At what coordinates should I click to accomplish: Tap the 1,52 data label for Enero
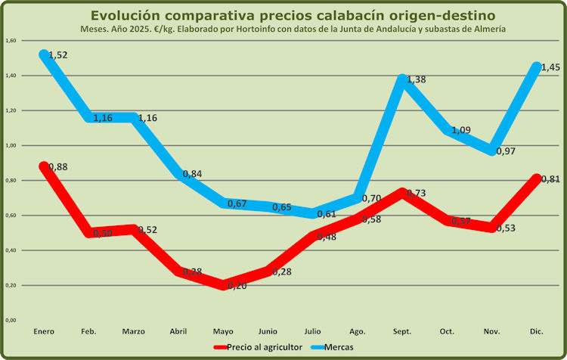(x=58, y=55)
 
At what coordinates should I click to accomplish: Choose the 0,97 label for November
(x=505, y=151)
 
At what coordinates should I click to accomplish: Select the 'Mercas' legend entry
(x=342, y=346)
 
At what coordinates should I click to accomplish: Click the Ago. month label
(x=359, y=331)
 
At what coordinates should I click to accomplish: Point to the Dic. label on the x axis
(x=538, y=331)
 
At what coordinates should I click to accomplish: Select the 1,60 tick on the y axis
(x=11, y=41)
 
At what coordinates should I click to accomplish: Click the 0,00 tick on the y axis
(x=11, y=321)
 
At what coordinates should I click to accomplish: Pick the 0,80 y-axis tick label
(x=11, y=181)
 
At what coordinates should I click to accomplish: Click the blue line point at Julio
(x=314, y=214)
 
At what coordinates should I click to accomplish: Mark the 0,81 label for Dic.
(x=550, y=179)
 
